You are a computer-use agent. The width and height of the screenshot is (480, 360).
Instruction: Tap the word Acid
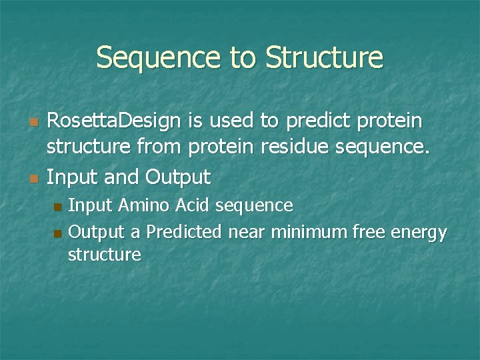pyautogui.click(x=193, y=205)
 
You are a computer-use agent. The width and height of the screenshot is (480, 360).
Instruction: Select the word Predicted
pyautogui.click(x=185, y=232)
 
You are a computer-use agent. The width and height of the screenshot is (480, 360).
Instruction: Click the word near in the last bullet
pyautogui.click(x=247, y=232)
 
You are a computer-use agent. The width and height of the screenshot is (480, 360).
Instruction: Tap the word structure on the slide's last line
pyautogui.click(x=104, y=255)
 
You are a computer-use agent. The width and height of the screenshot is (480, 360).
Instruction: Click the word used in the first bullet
pyautogui.click(x=230, y=121)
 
